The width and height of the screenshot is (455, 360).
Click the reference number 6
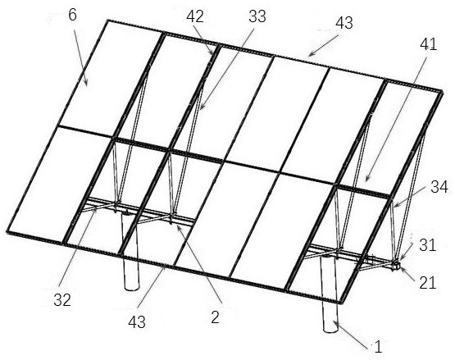[x=73, y=15]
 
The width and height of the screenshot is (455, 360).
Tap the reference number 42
[x=195, y=16]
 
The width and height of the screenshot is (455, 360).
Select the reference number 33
[x=257, y=16]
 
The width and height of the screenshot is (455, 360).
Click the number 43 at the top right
[x=344, y=23]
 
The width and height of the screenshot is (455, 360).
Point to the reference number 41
[x=428, y=45]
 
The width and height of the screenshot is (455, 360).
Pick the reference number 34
[x=439, y=187]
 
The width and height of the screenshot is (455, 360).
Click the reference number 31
[x=427, y=245]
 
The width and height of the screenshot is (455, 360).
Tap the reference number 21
[x=428, y=282]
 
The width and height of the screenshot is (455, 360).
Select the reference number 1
[x=378, y=347]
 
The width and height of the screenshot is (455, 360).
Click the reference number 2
[x=215, y=317]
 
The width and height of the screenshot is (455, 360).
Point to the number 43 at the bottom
[x=137, y=322]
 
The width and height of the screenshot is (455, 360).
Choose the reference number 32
[x=62, y=300]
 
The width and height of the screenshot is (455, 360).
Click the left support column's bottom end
[x=131, y=289]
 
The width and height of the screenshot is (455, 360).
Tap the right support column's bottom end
[x=331, y=330]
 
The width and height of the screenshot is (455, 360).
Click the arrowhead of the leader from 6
[x=87, y=84]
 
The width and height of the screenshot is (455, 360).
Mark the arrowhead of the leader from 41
[x=366, y=181]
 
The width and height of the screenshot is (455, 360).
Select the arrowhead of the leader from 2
[x=177, y=226]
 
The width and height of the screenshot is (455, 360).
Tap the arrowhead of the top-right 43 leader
[x=308, y=55]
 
